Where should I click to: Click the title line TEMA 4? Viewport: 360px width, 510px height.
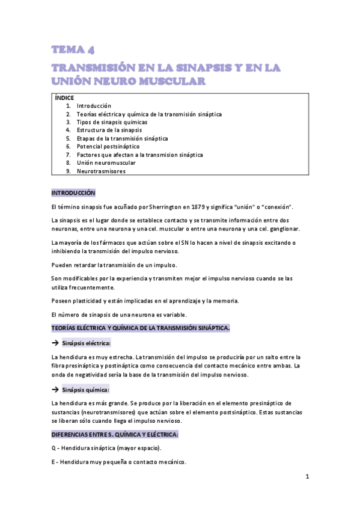pos(73,49)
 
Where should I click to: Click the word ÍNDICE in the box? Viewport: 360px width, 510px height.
pos(65,97)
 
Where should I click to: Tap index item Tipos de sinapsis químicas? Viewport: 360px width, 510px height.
pos(112,122)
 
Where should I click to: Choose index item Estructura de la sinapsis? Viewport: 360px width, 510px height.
pos(109,130)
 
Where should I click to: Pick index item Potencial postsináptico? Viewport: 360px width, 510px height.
pos(108,146)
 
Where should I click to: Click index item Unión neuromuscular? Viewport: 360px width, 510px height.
pos(106,162)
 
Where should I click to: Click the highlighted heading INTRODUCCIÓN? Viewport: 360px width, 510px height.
pos(73,193)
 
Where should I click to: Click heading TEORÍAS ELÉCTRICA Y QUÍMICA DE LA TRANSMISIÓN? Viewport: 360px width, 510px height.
pos(141,328)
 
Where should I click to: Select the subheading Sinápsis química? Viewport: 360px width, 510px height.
pos(86,390)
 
